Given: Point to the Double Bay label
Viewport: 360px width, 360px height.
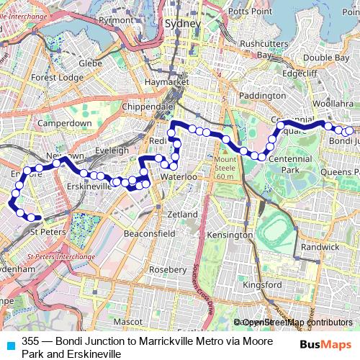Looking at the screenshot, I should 326,58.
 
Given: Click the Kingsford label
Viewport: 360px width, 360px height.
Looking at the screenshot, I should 263,284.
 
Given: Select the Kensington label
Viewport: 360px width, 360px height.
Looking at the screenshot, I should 229,235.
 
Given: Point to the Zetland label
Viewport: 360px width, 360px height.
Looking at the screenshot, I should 181,215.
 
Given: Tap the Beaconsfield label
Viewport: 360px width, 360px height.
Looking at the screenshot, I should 150,234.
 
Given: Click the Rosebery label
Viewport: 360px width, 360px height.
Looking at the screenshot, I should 167,269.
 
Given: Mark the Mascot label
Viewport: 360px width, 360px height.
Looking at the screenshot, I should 127,320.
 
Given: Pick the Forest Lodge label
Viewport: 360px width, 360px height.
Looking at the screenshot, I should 54,77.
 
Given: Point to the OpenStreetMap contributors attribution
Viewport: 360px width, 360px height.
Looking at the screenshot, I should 294,322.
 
